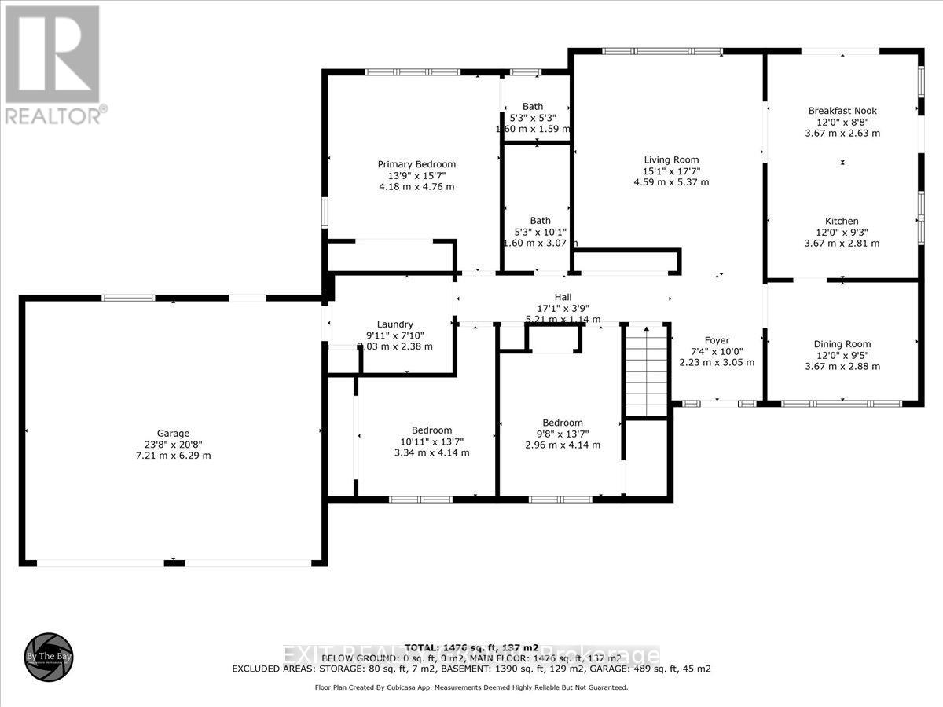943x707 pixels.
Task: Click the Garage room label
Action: tap(173, 433)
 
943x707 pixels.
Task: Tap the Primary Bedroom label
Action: tap(416, 164)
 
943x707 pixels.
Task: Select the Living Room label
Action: tap(670, 159)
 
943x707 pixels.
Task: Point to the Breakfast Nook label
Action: tap(842, 111)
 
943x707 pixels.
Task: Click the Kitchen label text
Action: tap(842, 221)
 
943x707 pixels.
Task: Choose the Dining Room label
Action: tap(842, 344)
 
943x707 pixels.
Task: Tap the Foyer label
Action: tap(717, 340)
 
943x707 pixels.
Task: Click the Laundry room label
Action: tap(394, 324)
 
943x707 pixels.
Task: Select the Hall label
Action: tap(563, 297)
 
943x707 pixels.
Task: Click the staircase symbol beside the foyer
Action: tap(646, 369)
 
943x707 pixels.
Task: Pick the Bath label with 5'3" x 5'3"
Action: tap(533, 107)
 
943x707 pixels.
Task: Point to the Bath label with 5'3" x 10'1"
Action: tap(540, 221)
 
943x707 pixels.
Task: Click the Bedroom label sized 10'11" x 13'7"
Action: tap(431, 430)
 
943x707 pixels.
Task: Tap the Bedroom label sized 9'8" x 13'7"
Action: tap(562, 423)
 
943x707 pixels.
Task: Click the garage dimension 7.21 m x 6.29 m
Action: tap(173, 456)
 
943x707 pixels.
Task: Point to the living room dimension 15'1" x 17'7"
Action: tap(670, 170)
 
